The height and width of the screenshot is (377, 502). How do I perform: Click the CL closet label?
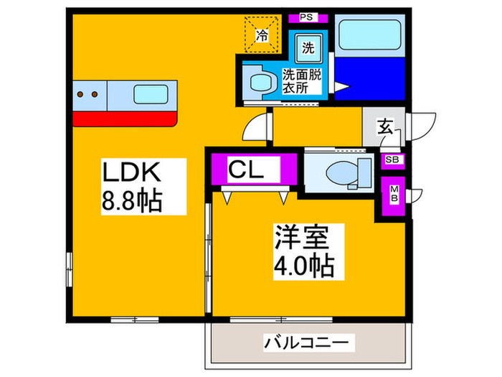coord(254,170)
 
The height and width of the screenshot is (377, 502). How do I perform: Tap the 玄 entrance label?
coord(384,129)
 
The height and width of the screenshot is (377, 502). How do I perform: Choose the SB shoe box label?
coord(393,160)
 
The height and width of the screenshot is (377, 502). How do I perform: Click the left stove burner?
coord(80,94)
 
